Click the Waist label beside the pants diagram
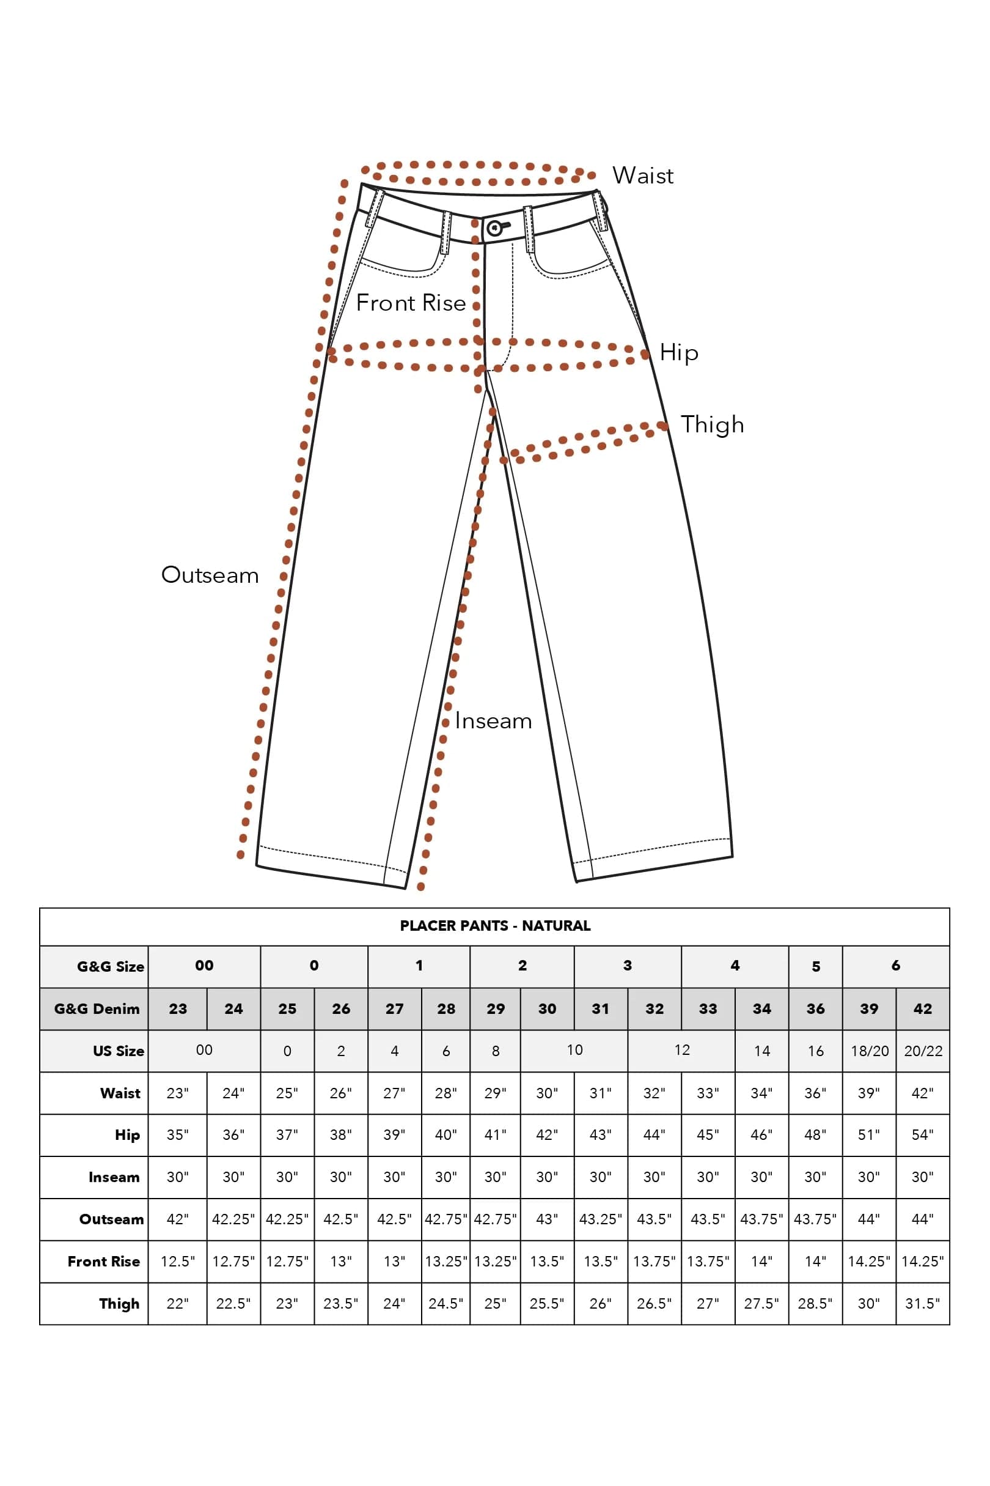pyautogui.click(x=643, y=175)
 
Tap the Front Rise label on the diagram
pyautogui.click(x=411, y=303)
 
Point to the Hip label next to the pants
pyautogui.click(x=679, y=353)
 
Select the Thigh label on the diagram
pyautogui.click(x=712, y=425)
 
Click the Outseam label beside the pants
pyautogui.click(x=210, y=575)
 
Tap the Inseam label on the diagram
pyautogui.click(x=493, y=721)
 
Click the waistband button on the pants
pyautogui.click(x=495, y=228)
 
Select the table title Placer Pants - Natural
pyautogui.click(x=495, y=926)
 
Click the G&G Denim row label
pyautogui.click(x=97, y=1009)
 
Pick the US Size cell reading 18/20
pyautogui.click(x=870, y=1051)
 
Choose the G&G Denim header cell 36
pyautogui.click(x=815, y=1009)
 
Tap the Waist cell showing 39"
pyautogui.click(x=869, y=1093)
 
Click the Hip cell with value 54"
pyautogui.click(x=922, y=1135)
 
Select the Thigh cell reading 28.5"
pyautogui.click(x=815, y=1303)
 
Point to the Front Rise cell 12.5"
pyautogui.click(x=177, y=1261)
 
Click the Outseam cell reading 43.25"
pyautogui.click(x=601, y=1219)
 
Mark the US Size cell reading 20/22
pyautogui.click(x=923, y=1051)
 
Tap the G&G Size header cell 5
pyautogui.click(x=816, y=967)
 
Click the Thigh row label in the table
pyautogui.click(x=119, y=1304)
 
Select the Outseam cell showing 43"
pyautogui.click(x=547, y=1219)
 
